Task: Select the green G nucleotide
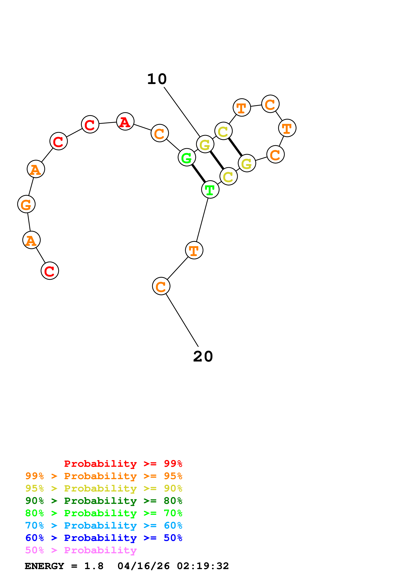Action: (187, 158)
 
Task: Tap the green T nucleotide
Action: (210, 189)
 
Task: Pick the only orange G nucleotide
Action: (26, 204)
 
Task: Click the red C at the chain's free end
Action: (50, 271)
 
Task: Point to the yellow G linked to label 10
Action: (205, 144)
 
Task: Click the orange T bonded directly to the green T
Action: (194, 250)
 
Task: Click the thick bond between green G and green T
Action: (199, 174)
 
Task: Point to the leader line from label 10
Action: (182, 112)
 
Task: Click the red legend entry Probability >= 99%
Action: (123, 463)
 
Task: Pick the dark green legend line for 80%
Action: (104, 501)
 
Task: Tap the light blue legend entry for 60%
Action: (104, 525)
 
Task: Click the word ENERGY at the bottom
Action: (44, 566)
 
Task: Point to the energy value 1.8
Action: (94, 566)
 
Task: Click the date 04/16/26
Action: (143, 566)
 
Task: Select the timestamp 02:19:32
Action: (203, 566)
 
